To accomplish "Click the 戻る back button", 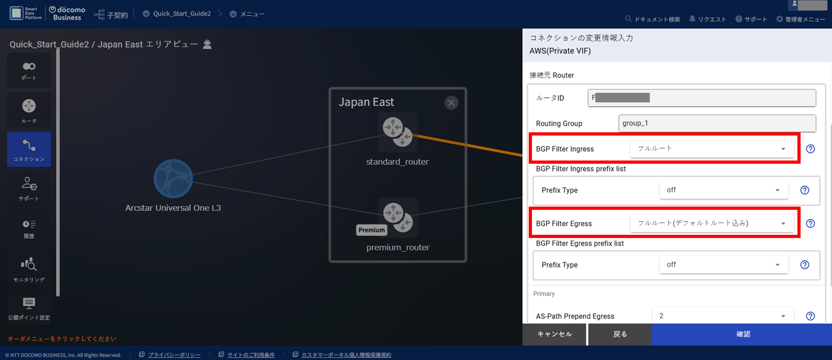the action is coord(620,334).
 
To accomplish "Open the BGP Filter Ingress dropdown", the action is coord(711,149).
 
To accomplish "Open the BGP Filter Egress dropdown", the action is coord(711,223).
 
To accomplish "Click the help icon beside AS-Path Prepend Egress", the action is coord(810,316).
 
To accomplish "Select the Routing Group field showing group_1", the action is coord(717,123).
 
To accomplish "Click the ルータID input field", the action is coord(702,98).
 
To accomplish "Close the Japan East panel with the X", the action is coord(451,103).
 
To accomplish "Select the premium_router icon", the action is coord(398,217).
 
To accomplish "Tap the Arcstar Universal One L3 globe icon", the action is coord(173,178).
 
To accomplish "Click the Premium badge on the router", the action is coord(372,230).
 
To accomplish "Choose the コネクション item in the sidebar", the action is coord(29,149).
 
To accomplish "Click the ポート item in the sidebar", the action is coord(29,70).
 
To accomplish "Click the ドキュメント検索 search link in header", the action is coord(653,19).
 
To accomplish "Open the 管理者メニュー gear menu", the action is coord(800,19).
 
